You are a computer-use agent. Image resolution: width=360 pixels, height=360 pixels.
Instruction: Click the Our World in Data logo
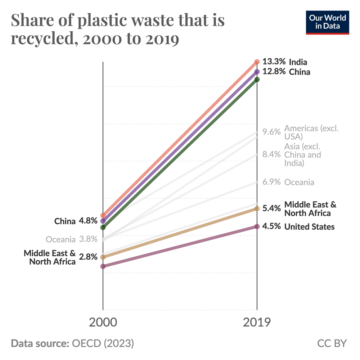coord(327,22)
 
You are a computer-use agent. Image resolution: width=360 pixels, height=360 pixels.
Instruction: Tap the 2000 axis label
coord(103,322)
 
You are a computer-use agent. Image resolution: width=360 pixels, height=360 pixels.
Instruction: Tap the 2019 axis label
coord(257,322)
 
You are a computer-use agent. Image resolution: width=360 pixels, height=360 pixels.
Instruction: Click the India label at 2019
coord(298,62)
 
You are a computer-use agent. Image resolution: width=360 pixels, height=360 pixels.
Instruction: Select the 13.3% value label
coord(274,62)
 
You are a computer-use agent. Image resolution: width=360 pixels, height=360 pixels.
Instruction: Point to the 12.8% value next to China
coord(274,72)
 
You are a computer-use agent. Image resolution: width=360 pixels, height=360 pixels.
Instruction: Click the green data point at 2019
coord(257,79)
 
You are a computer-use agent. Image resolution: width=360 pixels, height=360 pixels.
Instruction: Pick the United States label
coord(309,227)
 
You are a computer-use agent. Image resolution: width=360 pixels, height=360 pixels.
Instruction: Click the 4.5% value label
coord(271,227)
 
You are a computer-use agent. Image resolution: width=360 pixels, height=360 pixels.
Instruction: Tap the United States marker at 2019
coord(257,226)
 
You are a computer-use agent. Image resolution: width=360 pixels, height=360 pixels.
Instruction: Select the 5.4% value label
coord(271,208)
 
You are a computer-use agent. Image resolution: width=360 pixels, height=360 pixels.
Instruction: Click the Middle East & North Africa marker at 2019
coord(257,208)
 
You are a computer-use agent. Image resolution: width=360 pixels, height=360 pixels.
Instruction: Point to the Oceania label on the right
coord(299,182)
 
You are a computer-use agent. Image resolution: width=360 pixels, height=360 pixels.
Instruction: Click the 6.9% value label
coord(271,182)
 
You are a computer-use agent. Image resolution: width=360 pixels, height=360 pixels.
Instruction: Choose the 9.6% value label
coord(271,132)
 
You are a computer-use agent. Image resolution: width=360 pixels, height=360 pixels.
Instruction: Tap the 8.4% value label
coord(271,155)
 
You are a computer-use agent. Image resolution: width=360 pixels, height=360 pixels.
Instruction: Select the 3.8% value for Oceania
coord(88,239)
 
